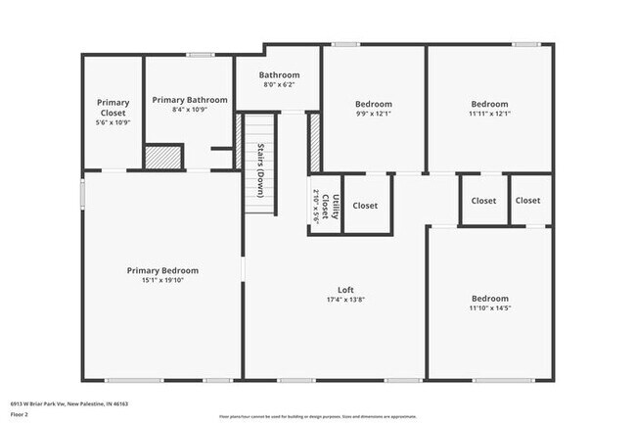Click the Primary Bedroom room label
coord(162,270)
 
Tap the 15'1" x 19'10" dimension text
coord(162,281)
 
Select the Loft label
coord(345,289)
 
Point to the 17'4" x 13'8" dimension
coord(345,300)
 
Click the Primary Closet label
coord(113,107)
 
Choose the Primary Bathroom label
coord(190,99)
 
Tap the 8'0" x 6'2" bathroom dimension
coord(279,85)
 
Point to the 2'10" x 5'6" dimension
coord(316,206)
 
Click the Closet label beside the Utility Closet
coord(365,206)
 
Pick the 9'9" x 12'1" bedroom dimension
coord(373,114)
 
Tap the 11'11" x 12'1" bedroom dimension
coord(489,114)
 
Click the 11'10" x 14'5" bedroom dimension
coord(489,308)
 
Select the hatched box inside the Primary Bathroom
coord(163,157)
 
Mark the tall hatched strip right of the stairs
coord(315,144)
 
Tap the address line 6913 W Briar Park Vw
coord(68,402)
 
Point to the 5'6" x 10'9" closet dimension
coord(113,122)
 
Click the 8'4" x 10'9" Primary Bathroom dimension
coord(190,110)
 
